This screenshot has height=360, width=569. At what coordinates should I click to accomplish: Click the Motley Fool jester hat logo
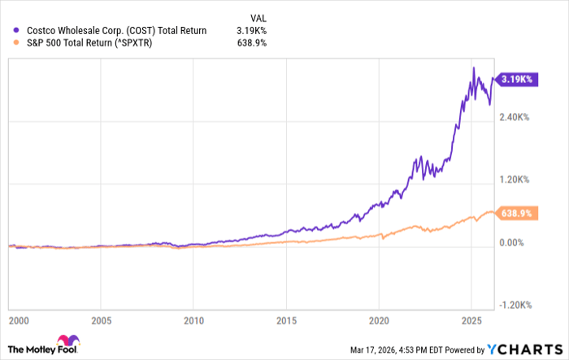click(64, 342)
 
